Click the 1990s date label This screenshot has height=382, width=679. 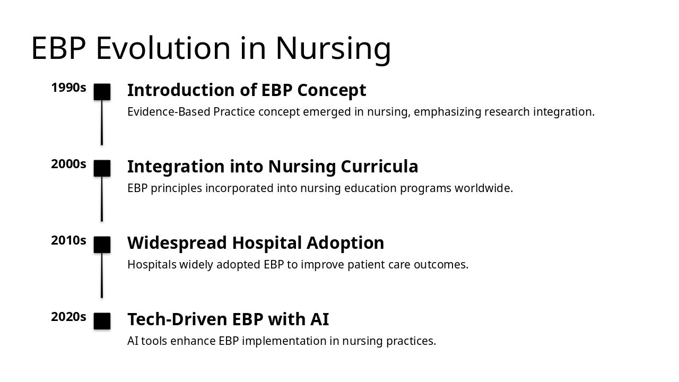[x=68, y=88]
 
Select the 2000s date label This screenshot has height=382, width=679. [x=68, y=164]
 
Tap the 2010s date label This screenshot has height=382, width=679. [x=68, y=240]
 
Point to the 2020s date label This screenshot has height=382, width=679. [x=68, y=317]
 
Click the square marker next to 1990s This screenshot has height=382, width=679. [x=102, y=92]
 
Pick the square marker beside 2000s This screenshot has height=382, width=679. [x=102, y=168]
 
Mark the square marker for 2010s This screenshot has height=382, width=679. [x=102, y=245]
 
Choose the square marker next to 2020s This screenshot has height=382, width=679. [x=102, y=321]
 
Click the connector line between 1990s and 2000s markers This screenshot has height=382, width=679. [x=102, y=123]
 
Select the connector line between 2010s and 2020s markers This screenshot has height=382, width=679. [x=102, y=275]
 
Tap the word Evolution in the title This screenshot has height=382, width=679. [x=163, y=48]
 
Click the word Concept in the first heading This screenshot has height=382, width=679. [x=332, y=90]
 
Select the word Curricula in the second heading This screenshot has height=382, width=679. [x=379, y=167]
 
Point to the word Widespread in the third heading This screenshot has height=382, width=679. [x=177, y=244]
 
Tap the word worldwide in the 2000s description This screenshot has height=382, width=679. [x=484, y=188]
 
